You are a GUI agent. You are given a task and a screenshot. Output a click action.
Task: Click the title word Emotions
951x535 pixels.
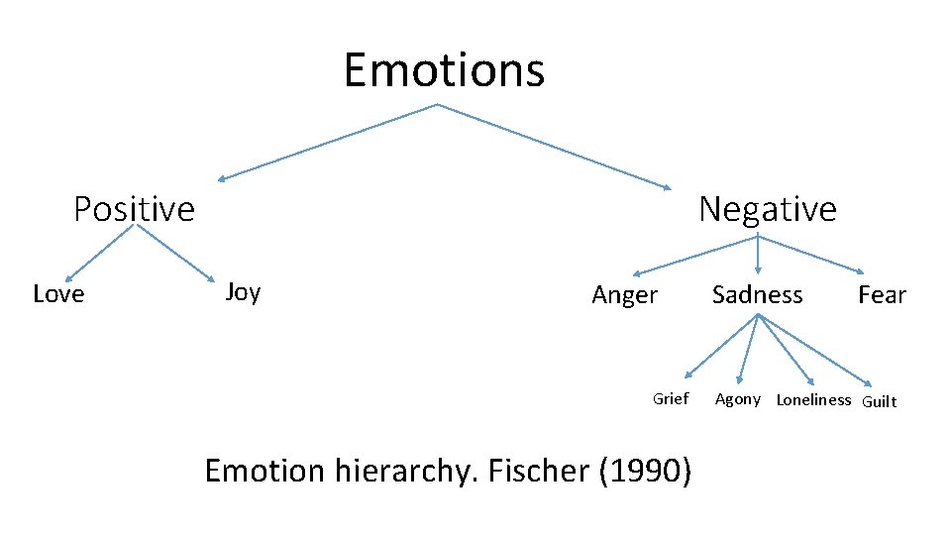444,70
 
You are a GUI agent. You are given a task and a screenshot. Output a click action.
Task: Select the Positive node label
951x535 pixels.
134,209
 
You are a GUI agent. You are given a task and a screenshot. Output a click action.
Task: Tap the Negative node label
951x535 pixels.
767,209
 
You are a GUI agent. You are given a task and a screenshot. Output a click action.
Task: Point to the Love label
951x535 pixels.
58,294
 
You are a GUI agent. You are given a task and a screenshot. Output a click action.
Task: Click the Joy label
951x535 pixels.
243,291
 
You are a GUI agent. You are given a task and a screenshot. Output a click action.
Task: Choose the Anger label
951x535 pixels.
624,295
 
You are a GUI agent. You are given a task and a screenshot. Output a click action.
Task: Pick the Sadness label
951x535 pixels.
758,294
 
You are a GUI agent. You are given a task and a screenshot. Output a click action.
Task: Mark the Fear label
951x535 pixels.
882,295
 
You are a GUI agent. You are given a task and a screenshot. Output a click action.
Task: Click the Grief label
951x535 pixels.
671,398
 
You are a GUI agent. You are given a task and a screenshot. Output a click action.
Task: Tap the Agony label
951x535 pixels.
738,399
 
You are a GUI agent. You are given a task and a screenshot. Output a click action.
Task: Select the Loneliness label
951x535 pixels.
813,400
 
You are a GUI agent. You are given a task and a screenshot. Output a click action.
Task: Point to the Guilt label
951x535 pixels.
880,401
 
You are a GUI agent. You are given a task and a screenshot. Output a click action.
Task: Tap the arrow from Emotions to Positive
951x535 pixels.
327,142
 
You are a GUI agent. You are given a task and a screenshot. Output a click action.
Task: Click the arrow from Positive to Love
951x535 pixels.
99,252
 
